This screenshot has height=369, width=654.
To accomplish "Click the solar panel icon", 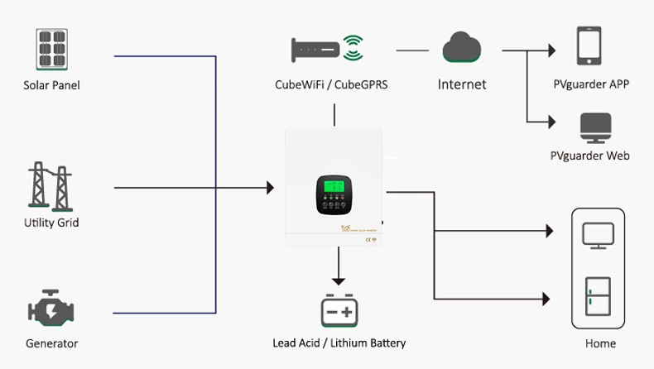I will (51, 50).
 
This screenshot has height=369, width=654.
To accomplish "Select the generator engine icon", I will (51, 310).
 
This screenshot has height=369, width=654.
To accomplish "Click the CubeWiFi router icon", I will (315, 50).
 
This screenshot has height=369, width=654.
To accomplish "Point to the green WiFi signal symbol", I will (354, 48).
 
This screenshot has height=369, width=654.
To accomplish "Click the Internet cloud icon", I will (461, 47).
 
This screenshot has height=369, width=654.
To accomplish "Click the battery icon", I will (339, 311).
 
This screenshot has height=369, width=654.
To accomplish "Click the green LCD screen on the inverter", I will (334, 188).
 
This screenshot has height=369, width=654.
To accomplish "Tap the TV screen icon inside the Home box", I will (598, 234).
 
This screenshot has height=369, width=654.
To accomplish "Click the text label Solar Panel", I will (51, 85).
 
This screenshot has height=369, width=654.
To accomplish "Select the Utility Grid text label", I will (51, 223).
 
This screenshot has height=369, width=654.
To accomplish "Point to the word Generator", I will (51, 343).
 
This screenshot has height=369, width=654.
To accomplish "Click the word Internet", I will (462, 84).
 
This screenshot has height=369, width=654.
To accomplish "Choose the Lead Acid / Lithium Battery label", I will (339, 343).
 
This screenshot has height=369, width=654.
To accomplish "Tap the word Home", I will (600, 343).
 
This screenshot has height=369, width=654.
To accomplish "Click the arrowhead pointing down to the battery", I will (338, 281).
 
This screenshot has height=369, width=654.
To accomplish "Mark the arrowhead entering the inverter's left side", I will (269, 189).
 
